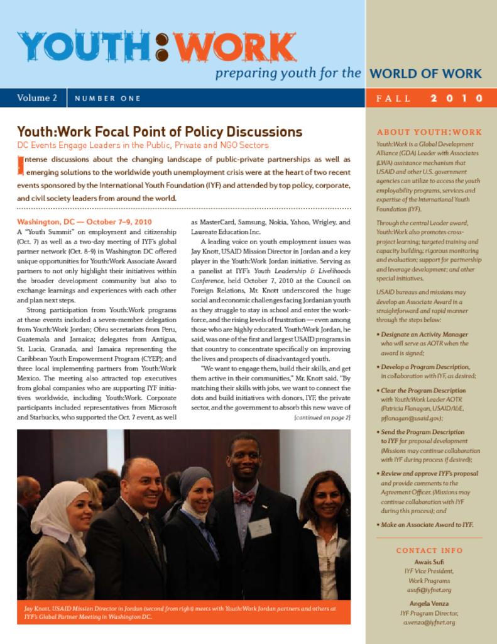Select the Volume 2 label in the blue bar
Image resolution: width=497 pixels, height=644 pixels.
point(37,98)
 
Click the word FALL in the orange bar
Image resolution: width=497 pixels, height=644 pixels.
point(394,98)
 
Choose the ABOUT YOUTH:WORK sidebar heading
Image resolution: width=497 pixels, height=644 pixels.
point(429,132)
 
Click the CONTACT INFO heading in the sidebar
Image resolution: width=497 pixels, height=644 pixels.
point(429,550)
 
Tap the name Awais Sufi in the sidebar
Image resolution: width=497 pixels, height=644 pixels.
point(429,561)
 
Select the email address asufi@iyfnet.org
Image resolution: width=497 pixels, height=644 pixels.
point(429,590)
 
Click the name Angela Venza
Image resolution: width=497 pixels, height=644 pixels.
point(429,602)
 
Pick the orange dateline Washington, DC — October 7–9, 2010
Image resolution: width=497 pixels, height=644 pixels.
point(84,222)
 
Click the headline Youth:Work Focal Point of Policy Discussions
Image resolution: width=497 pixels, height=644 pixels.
point(160,132)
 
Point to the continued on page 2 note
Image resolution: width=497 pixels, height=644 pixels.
point(322,417)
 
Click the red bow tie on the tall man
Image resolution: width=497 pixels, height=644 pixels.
point(244,497)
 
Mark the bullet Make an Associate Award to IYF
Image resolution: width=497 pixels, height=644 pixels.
point(427,525)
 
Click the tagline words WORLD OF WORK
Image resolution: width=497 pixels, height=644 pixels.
point(426,74)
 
